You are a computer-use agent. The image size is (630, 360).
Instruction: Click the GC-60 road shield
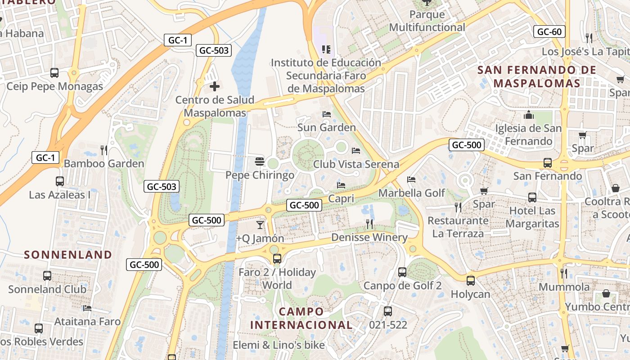(549, 31)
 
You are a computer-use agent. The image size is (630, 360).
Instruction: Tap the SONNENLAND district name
(68, 255)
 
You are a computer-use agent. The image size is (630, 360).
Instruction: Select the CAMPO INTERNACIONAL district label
(301, 318)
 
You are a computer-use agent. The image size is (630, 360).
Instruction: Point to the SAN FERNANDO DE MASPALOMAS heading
(537, 76)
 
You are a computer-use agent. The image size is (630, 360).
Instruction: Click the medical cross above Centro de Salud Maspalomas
(215, 86)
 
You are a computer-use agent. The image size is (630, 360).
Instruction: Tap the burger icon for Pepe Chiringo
(259, 161)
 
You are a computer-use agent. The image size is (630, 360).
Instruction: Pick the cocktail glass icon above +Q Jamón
(260, 225)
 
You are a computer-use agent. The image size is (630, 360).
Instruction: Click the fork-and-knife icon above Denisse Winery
(369, 224)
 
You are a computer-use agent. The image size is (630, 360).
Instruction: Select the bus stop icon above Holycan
(470, 280)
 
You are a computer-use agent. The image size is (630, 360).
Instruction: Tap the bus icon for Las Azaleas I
(59, 181)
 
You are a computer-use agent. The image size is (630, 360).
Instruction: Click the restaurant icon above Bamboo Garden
(104, 150)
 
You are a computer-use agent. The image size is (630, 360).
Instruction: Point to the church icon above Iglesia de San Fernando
(528, 115)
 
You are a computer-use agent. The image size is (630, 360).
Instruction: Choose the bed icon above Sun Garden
(327, 114)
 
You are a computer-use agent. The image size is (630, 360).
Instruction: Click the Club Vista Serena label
(356, 164)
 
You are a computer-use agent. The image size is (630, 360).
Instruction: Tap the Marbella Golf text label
(411, 193)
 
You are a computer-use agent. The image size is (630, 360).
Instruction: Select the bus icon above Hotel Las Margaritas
(532, 197)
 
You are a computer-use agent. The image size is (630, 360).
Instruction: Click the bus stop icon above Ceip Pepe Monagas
(54, 72)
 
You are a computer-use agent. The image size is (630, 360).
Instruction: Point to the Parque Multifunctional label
(427, 21)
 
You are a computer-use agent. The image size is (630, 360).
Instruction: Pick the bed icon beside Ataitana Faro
(87, 308)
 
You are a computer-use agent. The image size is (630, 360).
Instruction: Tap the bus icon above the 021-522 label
(387, 311)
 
